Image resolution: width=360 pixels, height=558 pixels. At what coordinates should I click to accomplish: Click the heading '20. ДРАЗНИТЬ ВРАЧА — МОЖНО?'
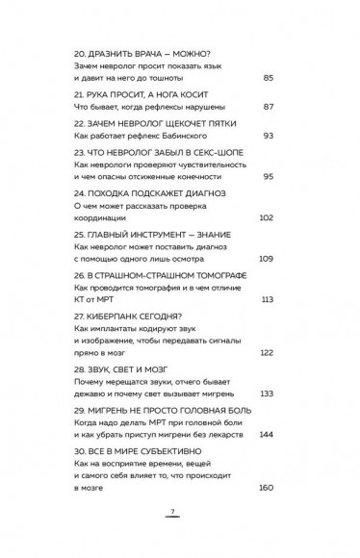(x=136, y=50)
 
